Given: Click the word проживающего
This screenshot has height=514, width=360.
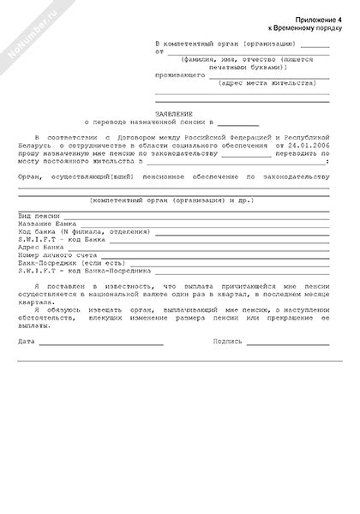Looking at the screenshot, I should coord(180,75).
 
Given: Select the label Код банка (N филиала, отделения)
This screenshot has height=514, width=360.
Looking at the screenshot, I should coord(84,232).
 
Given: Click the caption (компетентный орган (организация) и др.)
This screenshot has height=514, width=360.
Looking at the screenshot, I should coord(173,199).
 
